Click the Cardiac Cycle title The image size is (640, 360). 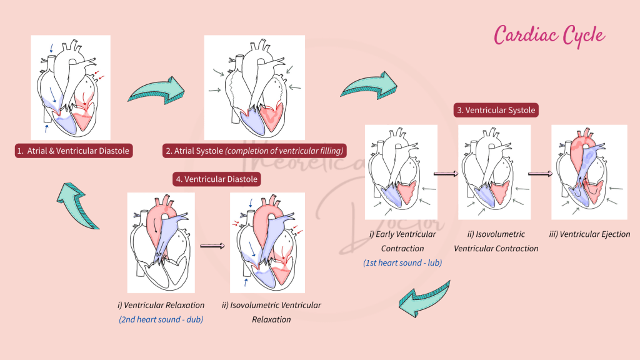click(x=549, y=34)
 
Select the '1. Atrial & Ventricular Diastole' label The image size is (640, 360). click(x=74, y=151)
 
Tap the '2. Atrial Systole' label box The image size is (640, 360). click(x=254, y=151)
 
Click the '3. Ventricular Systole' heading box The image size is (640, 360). click(x=496, y=110)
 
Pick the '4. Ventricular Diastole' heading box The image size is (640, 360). click(x=216, y=179)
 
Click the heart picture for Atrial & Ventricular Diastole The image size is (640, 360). click(x=71, y=87)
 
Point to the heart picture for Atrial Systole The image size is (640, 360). click(x=254, y=87)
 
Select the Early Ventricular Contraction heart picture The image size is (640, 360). click(x=401, y=172)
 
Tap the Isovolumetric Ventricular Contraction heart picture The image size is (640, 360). click(x=494, y=172)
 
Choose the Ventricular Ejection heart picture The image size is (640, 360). click(x=589, y=172)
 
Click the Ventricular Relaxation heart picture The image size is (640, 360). click(x=161, y=242)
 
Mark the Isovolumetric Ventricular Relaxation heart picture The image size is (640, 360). click(x=267, y=242)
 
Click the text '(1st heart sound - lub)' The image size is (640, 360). click(x=402, y=263)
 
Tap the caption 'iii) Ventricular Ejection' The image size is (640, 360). click(x=589, y=234)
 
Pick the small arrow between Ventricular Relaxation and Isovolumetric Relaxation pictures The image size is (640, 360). click(x=212, y=246)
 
